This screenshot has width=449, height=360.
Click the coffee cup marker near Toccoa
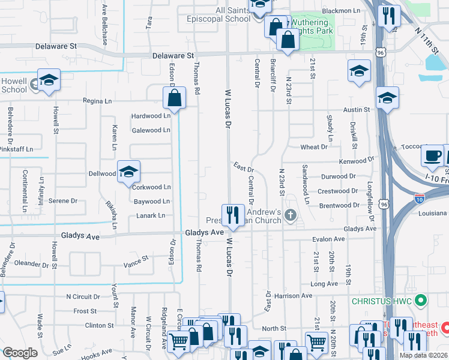(x=432, y=157)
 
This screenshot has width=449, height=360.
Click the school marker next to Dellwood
(x=128, y=172)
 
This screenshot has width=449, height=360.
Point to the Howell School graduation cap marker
(x=48, y=80)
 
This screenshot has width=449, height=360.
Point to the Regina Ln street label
(x=97, y=101)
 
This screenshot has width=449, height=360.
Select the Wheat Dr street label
(x=314, y=146)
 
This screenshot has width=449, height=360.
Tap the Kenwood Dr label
(x=356, y=161)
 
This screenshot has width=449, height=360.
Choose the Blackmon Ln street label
(x=341, y=11)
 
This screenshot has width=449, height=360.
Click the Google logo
(x=20, y=353)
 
